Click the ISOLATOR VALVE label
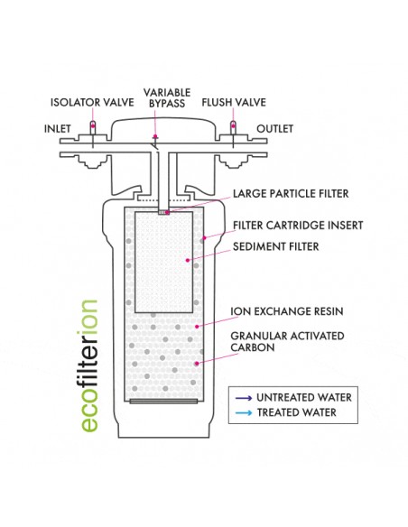(92, 102)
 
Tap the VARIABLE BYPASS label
(167, 97)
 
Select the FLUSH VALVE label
(234, 102)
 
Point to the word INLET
(58, 129)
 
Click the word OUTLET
(275, 129)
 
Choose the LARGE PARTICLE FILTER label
(291, 194)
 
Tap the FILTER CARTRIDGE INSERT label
(298, 226)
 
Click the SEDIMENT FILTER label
(275, 246)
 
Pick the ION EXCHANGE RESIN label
(287, 311)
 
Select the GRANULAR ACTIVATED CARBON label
(287, 341)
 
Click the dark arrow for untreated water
(244, 398)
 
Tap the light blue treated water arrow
(244, 412)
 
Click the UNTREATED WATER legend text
(304, 398)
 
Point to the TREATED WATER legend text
(296, 412)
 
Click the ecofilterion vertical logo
(89, 365)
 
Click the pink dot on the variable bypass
(155, 136)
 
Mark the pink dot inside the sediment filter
(188, 260)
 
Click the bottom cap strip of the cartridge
(163, 402)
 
